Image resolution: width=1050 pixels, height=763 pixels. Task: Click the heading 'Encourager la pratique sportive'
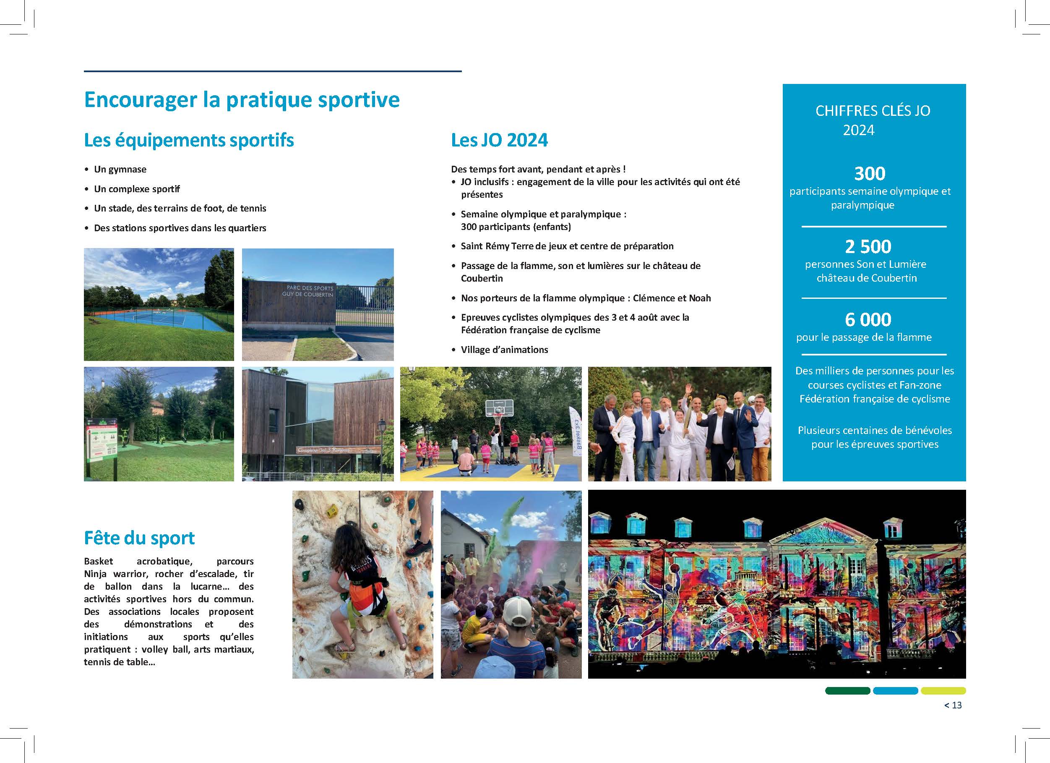tap(242, 100)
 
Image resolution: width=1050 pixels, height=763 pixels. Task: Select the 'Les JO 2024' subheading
tap(499, 140)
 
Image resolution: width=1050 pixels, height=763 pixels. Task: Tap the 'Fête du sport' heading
tap(139, 538)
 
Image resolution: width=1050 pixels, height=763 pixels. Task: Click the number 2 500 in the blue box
tap(868, 246)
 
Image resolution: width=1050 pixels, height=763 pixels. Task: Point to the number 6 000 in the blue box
tap(868, 320)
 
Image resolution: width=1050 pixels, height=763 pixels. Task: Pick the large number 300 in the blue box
tap(870, 174)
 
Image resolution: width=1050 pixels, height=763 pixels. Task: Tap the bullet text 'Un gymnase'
tap(120, 170)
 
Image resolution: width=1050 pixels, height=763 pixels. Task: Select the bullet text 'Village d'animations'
tap(504, 350)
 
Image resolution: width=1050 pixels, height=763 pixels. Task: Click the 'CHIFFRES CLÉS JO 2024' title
tap(872, 120)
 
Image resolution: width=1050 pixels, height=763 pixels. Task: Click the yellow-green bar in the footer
tap(943, 691)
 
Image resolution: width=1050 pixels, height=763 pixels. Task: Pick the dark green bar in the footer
tap(847, 691)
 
